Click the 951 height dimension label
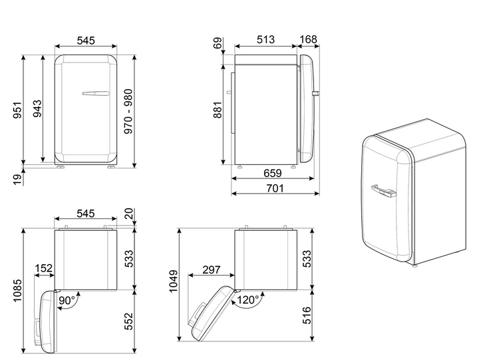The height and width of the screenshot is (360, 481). pyautogui.click(x=18, y=110)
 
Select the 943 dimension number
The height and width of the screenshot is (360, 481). pyautogui.click(x=37, y=108)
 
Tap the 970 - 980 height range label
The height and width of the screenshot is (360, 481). pyautogui.click(x=128, y=111)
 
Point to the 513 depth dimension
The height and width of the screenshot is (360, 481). pyautogui.click(x=265, y=39)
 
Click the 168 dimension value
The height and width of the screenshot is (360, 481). pyautogui.click(x=308, y=39)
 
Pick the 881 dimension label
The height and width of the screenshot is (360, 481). pyautogui.click(x=217, y=110)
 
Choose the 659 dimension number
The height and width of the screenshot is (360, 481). pyautogui.click(x=272, y=174)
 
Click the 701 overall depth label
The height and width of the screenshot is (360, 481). pyautogui.click(x=275, y=188)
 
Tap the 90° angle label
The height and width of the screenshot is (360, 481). pyautogui.click(x=67, y=300)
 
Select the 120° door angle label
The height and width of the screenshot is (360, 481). pyautogui.click(x=248, y=299)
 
